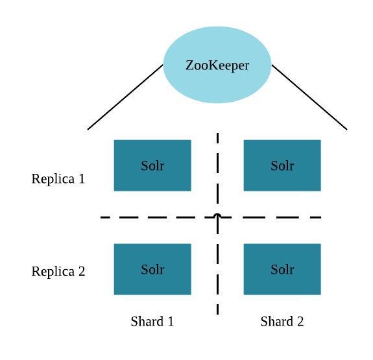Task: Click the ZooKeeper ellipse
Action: pyautogui.click(x=217, y=65)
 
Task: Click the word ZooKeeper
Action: pyautogui.click(x=217, y=66)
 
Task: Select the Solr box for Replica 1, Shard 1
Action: pyautogui.click(x=152, y=165)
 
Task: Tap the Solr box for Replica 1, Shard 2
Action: pyautogui.click(x=282, y=165)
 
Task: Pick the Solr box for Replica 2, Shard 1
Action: pyautogui.click(x=152, y=269)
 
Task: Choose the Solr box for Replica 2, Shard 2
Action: pyautogui.click(x=282, y=269)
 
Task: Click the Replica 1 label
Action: pyautogui.click(x=58, y=179)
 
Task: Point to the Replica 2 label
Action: pyautogui.click(x=58, y=271)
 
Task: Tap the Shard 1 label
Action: pyautogui.click(x=152, y=321)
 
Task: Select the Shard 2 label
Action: pyautogui.click(x=282, y=321)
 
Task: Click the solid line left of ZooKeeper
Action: pyautogui.click(x=125, y=97)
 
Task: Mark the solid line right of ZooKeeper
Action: pyautogui.click(x=309, y=97)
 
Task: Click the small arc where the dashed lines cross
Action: pyautogui.click(x=217, y=215)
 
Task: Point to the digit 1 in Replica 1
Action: pyautogui.click(x=82, y=178)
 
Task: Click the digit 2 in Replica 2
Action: pyautogui.click(x=82, y=271)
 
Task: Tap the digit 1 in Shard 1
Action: pyautogui.click(x=171, y=321)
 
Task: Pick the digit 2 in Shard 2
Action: pyautogui.click(x=300, y=321)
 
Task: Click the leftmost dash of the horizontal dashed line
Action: pyautogui.click(x=105, y=217)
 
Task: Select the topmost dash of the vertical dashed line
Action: pyautogui.click(x=218, y=138)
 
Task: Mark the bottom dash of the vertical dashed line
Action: pyautogui.click(x=218, y=309)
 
